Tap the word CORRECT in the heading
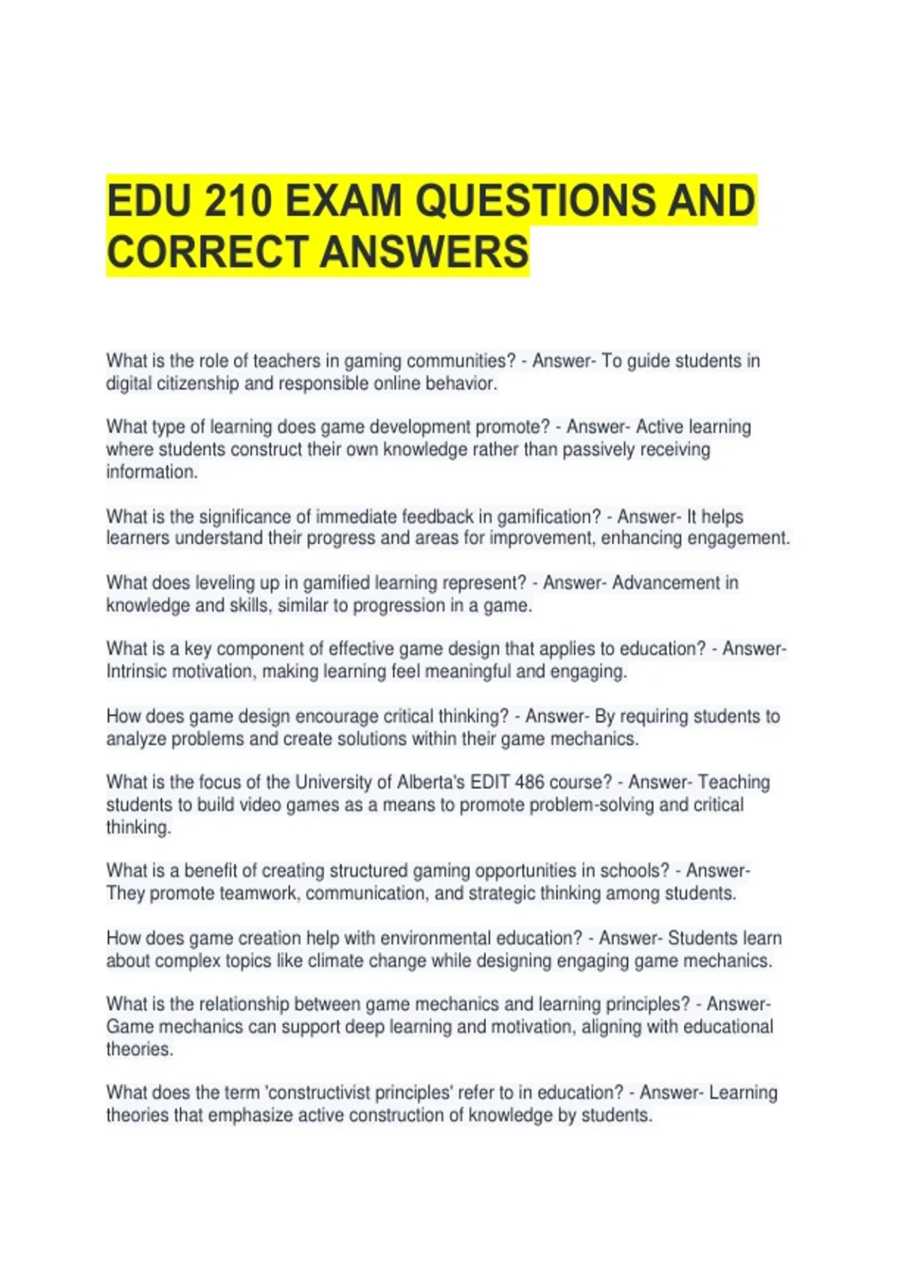click(208, 252)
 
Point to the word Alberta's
click(430, 782)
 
